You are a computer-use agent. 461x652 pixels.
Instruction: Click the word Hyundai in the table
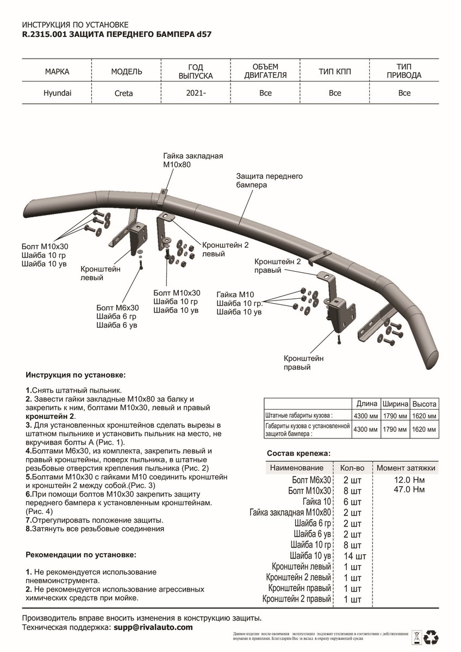point(57,92)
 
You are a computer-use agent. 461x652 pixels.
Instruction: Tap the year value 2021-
point(196,93)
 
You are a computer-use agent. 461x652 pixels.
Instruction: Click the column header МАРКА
point(57,72)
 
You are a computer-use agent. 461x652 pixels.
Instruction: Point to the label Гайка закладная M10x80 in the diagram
point(193,160)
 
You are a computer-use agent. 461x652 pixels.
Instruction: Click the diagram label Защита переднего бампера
point(269,180)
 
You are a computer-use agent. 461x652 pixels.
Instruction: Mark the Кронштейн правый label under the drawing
point(303,363)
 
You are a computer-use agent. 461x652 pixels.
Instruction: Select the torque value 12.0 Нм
point(407,480)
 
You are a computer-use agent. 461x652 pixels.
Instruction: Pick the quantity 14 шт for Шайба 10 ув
point(354,556)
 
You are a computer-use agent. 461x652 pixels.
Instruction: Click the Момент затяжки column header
point(406,468)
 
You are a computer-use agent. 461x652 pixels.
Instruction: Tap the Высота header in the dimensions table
point(424,404)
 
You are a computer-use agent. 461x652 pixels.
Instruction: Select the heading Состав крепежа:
point(298,454)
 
